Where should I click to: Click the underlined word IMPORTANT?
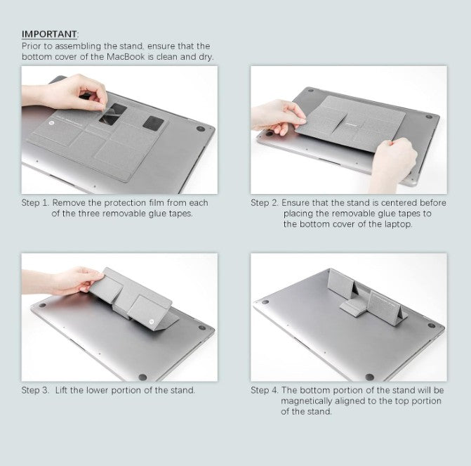point(50,34)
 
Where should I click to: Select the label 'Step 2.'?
point(265,203)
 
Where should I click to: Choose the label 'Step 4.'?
point(265,390)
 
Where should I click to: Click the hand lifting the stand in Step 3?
point(74,280)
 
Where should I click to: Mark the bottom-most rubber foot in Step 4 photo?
point(369,377)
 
